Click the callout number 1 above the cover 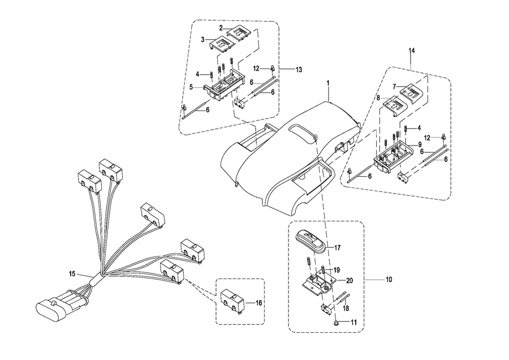(x=327, y=83)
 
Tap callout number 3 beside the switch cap (x=203, y=40)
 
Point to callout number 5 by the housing (x=192, y=87)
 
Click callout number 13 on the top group (x=299, y=69)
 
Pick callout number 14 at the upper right (x=412, y=51)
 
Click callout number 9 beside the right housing (x=420, y=144)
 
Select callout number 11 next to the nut (x=355, y=322)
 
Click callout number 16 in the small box (x=259, y=303)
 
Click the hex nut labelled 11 (x=337, y=322)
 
